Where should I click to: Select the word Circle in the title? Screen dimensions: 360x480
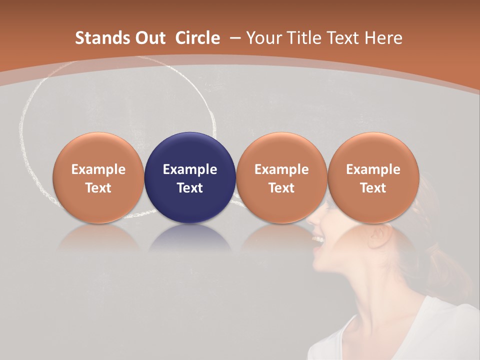pos(197,38)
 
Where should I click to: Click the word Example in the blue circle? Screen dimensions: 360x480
pos(190,169)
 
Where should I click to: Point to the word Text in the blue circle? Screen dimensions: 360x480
pos(190,188)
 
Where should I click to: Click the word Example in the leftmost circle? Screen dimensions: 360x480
pos(98,169)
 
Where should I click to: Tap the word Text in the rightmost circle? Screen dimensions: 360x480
pos(373,188)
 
